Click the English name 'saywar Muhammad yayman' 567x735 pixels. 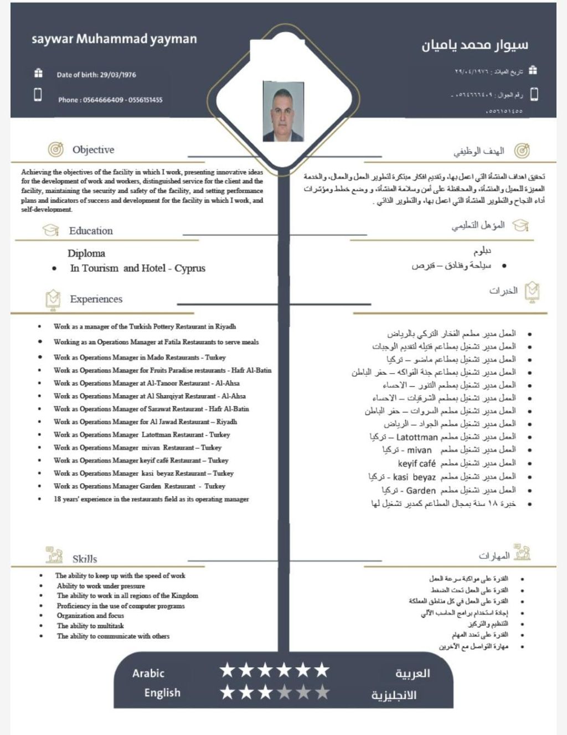(114, 39)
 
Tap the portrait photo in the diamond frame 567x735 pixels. (283, 111)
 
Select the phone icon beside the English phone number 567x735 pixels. (38, 95)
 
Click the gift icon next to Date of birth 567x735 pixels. (38, 73)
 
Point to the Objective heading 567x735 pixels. (93, 149)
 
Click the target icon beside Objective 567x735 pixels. (55, 149)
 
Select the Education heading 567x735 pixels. (91, 231)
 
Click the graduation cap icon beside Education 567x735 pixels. (51, 230)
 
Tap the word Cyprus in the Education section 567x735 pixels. (190, 268)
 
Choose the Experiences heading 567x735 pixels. (96, 299)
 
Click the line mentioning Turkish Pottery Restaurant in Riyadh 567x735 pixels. (145, 327)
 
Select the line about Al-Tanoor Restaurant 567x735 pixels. (146, 383)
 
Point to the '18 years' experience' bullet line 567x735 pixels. (151, 499)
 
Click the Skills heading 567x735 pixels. (85, 559)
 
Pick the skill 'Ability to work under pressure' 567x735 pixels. (101, 586)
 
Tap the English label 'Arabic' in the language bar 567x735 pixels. (148, 674)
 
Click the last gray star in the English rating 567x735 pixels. (322, 692)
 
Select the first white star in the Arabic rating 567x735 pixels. (228, 671)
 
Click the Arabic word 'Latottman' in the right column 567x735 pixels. (417, 437)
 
